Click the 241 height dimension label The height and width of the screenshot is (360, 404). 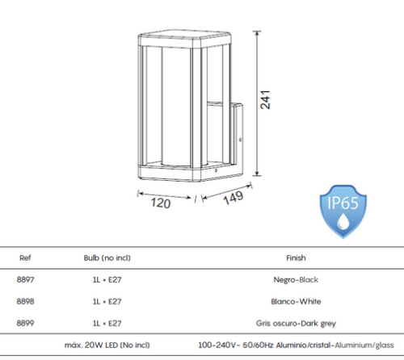(x=266, y=99)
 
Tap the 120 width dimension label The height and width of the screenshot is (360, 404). (x=161, y=203)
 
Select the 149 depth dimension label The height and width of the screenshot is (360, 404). (x=234, y=198)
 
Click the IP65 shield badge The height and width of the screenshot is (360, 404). (x=343, y=211)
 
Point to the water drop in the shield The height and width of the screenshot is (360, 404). (x=343, y=221)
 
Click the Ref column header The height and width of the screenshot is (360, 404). (x=25, y=257)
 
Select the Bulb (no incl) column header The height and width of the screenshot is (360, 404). (x=107, y=257)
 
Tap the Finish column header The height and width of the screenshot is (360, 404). (x=296, y=257)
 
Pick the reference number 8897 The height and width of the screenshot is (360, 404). (x=25, y=279)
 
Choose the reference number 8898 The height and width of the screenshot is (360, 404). (x=25, y=301)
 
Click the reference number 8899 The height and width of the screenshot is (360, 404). (x=25, y=323)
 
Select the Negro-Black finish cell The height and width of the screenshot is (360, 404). (x=296, y=280)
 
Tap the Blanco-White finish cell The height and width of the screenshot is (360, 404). (x=296, y=301)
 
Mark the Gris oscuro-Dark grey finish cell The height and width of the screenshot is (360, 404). (x=296, y=323)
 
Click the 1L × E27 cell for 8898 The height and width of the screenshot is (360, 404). (x=107, y=301)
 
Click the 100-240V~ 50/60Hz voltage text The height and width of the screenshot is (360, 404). (x=236, y=345)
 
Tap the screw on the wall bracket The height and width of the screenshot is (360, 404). (x=240, y=140)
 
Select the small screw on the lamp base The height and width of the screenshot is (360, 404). (x=216, y=170)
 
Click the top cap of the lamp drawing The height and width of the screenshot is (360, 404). (x=184, y=39)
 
